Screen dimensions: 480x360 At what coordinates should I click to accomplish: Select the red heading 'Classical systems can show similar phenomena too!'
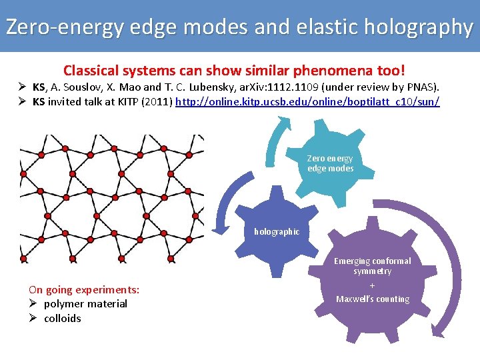point(234,70)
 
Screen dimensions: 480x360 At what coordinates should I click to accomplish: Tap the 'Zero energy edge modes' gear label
point(330,163)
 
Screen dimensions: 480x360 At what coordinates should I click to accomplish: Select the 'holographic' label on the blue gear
point(277,231)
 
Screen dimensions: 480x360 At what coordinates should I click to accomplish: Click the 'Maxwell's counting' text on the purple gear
point(373,299)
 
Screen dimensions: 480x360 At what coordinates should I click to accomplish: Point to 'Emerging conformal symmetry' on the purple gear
point(373,266)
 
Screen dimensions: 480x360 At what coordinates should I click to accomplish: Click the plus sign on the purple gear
point(373,285)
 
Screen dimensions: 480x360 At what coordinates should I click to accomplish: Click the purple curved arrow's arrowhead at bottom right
point(439,327)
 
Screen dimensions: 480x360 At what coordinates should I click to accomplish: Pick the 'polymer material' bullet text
point(85,304)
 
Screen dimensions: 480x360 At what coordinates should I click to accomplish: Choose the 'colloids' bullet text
point(62,319)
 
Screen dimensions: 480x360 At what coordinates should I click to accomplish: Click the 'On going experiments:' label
point(84,290)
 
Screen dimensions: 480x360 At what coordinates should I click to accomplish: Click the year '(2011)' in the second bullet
point(155,102)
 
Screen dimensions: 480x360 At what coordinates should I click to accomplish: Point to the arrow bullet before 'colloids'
point(33,318)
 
